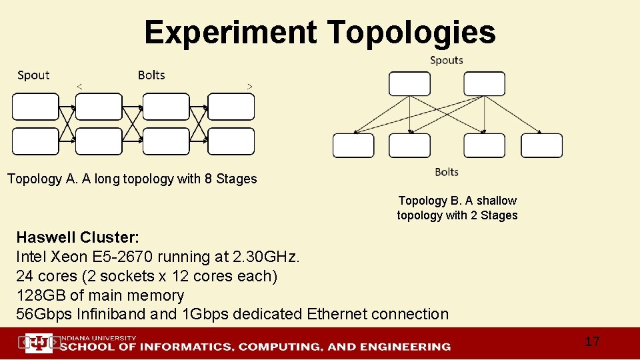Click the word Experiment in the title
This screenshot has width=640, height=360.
tap(230, 32)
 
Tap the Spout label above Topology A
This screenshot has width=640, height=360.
tap(33, 75)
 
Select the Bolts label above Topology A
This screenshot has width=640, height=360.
tap(151, 75)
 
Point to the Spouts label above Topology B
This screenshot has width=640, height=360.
tap(447, 60)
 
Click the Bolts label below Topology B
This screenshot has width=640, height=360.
tap(447, 172)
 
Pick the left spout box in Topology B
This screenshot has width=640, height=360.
tap(409, 84)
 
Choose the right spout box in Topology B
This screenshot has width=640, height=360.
tap(484, 84)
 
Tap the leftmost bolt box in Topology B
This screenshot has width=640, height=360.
tap(353, 145)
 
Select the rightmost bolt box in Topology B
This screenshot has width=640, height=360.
tap(541, 145)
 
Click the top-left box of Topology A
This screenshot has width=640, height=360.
tap(35, 107)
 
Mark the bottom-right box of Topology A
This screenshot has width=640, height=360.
tap(231, 141)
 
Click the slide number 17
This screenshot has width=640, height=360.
tap(592, 342)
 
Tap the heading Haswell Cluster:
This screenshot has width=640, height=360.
tap(77, 237)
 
